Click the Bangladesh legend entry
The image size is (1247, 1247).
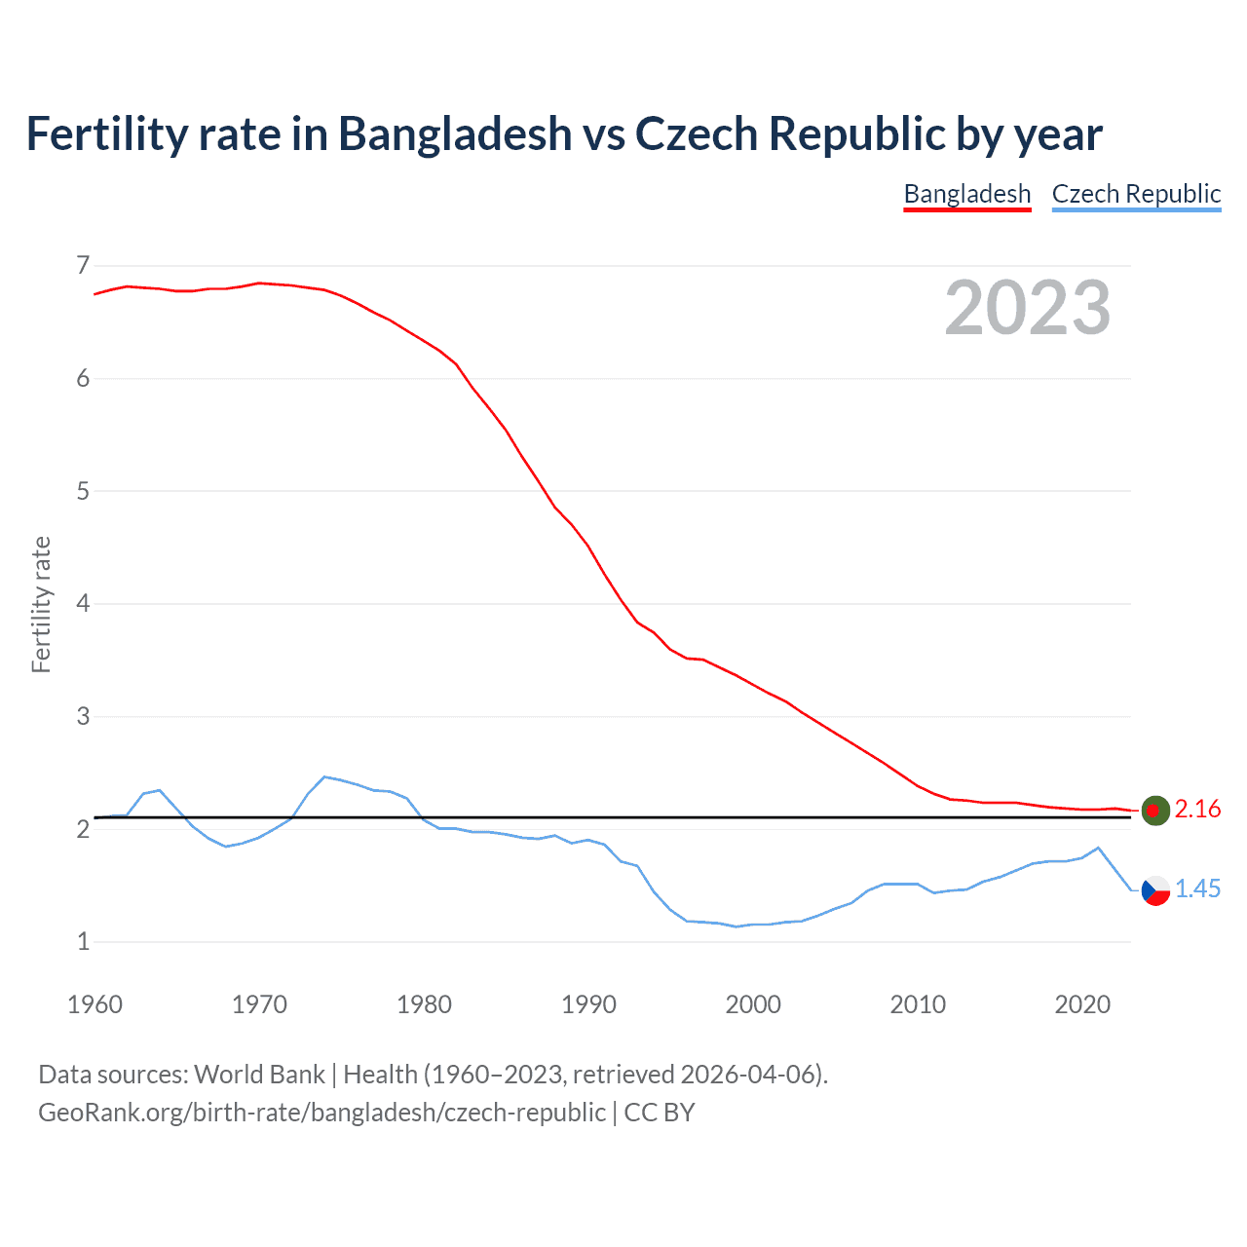point(966,194)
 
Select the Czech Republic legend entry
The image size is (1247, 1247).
point(1136,194)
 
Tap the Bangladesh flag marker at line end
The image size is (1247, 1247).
point(1155,810)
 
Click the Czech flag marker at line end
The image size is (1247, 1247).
point(1155,889)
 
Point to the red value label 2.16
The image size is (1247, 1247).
point(1197,809)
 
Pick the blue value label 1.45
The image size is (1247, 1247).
point(1197,888)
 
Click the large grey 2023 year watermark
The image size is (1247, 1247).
point(1028,308)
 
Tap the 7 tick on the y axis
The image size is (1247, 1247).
point(83,265)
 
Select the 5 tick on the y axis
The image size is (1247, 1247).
point(83,491)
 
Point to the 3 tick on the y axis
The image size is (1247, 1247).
point(83,716)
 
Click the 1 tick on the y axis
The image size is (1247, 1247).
point(83,941)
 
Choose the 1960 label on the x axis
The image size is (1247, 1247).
point(94,1004)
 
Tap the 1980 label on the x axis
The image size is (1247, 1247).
point(424,1004)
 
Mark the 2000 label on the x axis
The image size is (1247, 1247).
point(753,1004)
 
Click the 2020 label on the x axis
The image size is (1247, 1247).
point(1082,1004)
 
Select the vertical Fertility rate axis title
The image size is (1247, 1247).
point(41,604)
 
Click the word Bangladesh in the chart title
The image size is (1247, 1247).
point(455,133)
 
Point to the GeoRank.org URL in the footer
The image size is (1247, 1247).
point(321,1113)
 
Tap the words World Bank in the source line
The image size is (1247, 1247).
point(259,1074)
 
